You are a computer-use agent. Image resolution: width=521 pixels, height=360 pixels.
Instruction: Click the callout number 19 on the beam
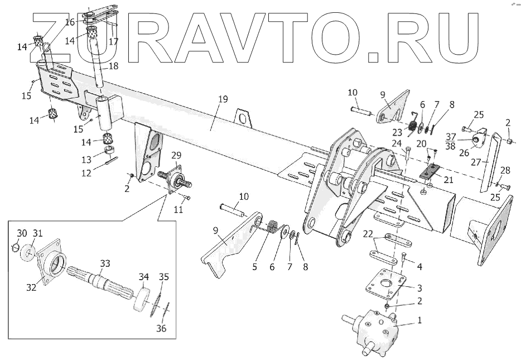223,99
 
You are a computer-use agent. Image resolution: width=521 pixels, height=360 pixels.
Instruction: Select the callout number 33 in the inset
105,262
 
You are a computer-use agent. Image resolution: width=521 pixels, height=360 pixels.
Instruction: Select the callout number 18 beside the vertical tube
113,66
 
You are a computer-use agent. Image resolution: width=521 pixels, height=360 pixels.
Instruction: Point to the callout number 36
161,328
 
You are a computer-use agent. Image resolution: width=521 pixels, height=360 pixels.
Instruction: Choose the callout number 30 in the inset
21,232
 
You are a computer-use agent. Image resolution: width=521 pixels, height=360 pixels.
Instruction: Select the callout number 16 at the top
70,22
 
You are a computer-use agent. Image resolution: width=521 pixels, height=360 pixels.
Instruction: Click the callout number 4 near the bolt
419,267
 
